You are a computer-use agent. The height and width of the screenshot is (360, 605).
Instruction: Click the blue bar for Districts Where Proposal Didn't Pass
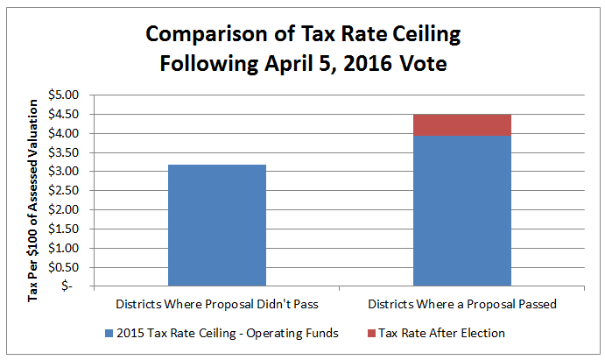coord(216,225)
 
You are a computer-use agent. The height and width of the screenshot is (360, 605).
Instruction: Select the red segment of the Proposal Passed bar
coord(461,125)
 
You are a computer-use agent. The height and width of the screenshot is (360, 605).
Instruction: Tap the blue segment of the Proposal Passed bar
coord(461,210)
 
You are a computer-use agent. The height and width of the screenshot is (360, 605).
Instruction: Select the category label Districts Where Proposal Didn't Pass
coord(216,304)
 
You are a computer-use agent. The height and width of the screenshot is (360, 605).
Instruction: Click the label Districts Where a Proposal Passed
coord(461,304)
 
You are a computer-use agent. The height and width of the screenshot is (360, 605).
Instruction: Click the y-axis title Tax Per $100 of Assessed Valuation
coord(33,201)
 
